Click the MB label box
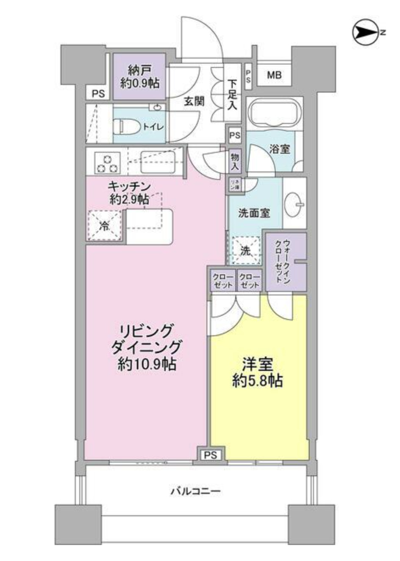(274, 76)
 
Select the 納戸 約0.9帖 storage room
(139, 77)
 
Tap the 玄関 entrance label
(194, 101)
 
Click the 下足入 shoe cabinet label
(232, 95)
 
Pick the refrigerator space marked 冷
(104, 226)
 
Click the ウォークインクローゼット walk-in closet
(286, 261)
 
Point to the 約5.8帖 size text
(258, 381)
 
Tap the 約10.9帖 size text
(147, 364)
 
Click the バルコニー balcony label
(196, 491)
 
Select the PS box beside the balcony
(211, 455)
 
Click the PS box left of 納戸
(98, 93)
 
